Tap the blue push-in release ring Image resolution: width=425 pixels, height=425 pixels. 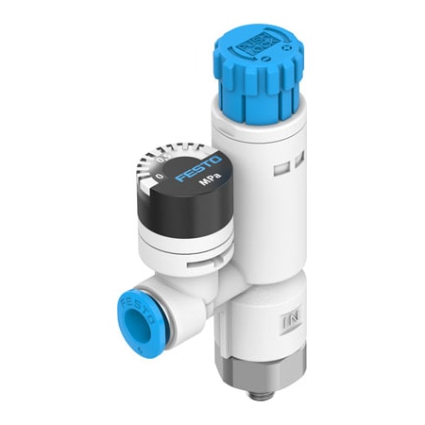(136, 313)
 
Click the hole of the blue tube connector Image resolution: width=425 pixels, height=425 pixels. (134, 315)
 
